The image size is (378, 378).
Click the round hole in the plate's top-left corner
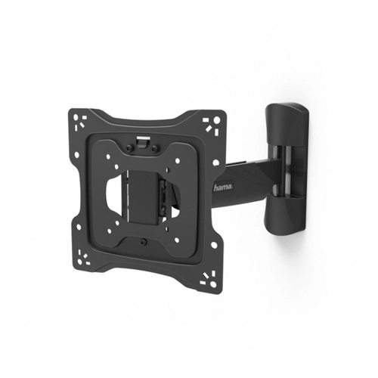(x=76, y=117)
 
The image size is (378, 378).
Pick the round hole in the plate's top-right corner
(x=217, y=119)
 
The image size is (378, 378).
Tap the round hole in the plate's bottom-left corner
(x=81, y=262)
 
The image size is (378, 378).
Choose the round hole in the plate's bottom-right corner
(x=213, y=285)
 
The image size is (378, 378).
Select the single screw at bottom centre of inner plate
(x=143, y=241)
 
